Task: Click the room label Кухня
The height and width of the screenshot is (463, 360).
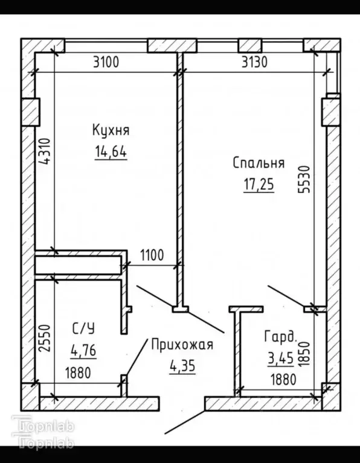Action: point(111,130)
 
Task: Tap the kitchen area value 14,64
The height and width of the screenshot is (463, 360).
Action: point(111,152)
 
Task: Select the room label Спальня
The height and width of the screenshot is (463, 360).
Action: point(259,163)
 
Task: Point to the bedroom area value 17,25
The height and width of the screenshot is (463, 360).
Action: point(259,185)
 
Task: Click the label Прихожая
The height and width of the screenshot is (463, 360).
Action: point(182,345)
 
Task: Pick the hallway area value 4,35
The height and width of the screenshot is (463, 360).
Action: point(182,366)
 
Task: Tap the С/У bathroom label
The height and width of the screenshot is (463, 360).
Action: point(83,328)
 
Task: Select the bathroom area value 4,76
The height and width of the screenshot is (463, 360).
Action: point(83,351)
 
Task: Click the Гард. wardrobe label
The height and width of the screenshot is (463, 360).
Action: point(280,337)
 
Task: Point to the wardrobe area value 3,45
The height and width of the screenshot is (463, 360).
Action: point(280,359)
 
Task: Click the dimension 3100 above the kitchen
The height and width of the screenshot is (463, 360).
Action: point(106,62)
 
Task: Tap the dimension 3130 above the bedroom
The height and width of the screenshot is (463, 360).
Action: point(254,62)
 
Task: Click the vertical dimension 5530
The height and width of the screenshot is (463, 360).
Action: point(304,179)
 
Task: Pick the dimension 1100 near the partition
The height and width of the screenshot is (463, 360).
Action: point(152,255)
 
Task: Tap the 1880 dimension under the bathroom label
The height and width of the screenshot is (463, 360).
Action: point(78,373)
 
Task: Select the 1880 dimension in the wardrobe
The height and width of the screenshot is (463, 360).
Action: point(283,380)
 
